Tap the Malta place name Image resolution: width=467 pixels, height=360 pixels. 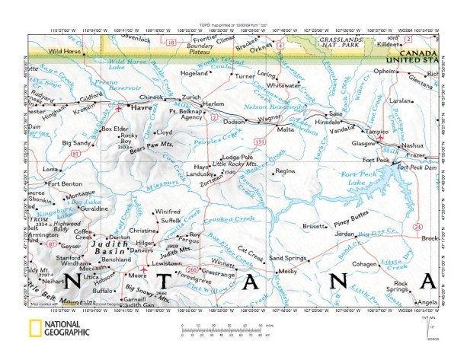pyautogui.click(x=286, y=129)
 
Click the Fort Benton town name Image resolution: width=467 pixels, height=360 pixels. pyautogui.click(x=65, y=183)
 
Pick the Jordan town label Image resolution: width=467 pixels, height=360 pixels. pyautogui.click(x=345, y=233)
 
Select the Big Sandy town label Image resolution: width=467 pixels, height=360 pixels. pyautogui.click(x=78, y=142)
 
